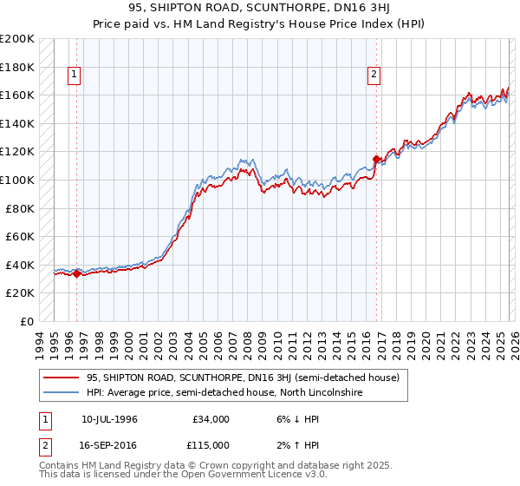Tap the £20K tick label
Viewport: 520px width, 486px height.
point(20,292)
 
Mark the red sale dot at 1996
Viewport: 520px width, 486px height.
point(76,273)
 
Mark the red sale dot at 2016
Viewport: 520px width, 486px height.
point(376,159)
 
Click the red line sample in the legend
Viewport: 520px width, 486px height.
point(61,378)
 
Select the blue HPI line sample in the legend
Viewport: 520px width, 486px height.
point(61,393)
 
